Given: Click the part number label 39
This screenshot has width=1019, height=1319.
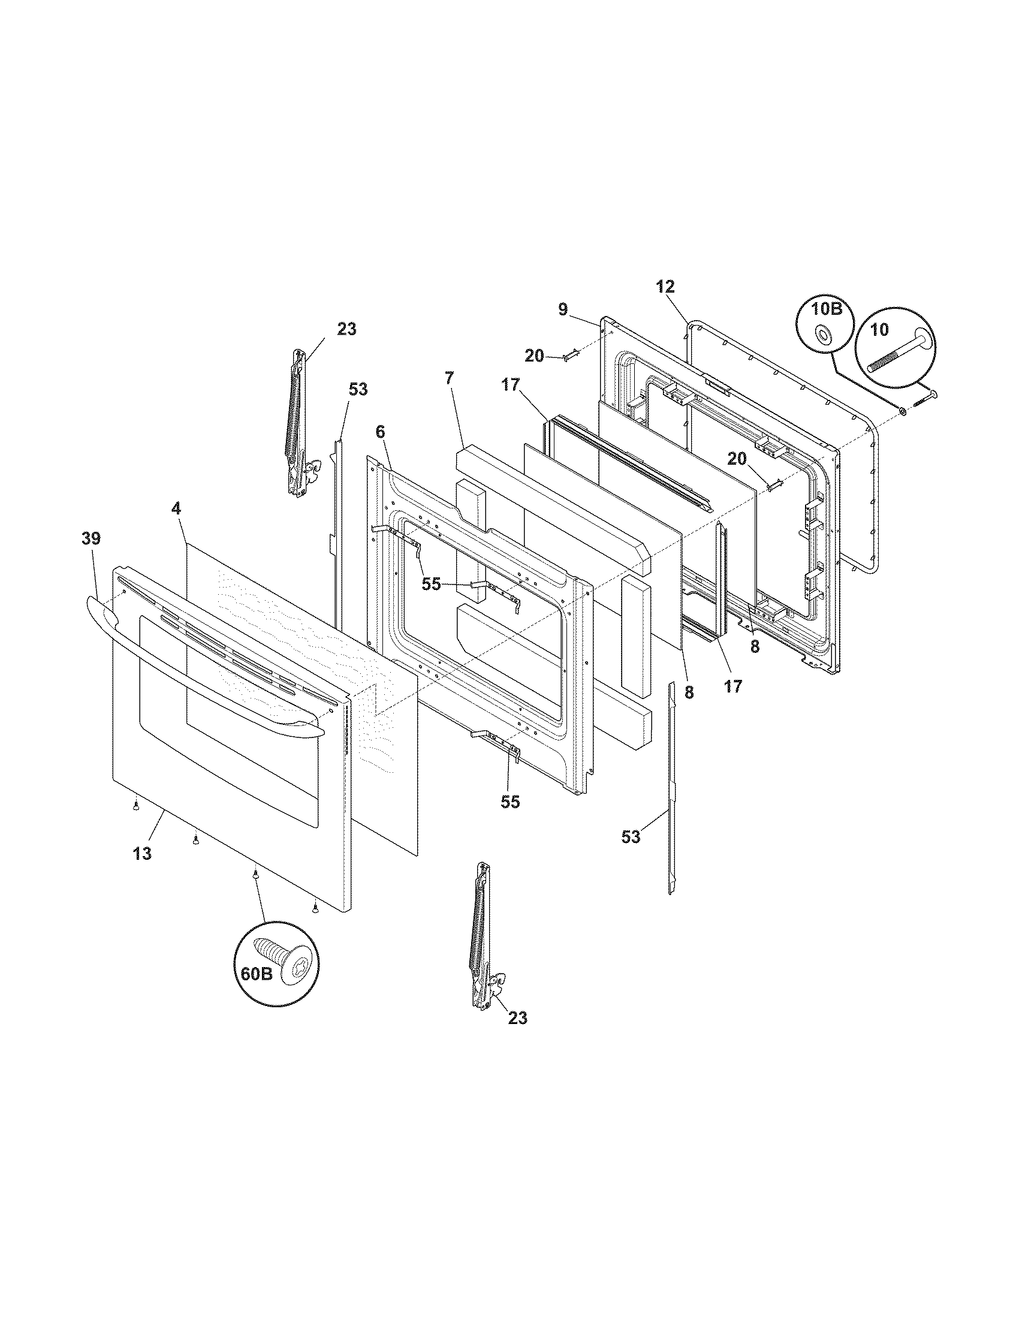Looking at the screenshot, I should point(91,538).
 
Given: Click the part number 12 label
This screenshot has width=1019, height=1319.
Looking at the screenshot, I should point(665,287).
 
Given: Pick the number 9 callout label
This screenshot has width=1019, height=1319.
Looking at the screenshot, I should point(562,310).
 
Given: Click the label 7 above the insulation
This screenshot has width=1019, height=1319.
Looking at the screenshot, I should point(449,378).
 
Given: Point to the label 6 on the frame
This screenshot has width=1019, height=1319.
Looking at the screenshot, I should point(379,431).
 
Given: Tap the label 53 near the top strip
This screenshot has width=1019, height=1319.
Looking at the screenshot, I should point(357,390).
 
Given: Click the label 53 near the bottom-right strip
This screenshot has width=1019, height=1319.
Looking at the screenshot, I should point(631,837).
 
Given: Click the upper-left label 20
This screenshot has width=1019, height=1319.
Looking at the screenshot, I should point(534,356).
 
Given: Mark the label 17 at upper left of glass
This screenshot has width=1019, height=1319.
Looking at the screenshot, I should point(511,384).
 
